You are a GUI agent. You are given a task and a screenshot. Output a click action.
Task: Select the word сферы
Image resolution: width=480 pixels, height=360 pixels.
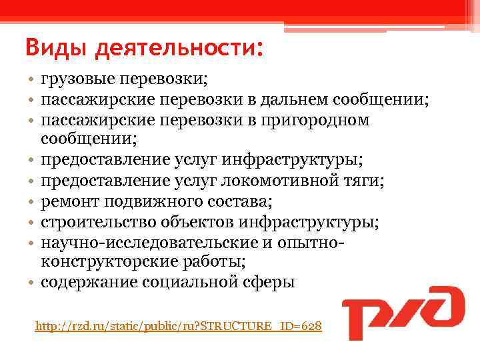coord(270,281)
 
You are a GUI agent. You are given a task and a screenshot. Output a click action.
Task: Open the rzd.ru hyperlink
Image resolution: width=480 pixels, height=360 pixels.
coord(179,327)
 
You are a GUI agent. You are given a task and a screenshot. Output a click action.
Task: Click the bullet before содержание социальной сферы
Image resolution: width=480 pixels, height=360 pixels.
coord(31,281)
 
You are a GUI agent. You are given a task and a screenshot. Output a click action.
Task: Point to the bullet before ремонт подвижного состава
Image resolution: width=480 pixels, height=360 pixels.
coord(31,201)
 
